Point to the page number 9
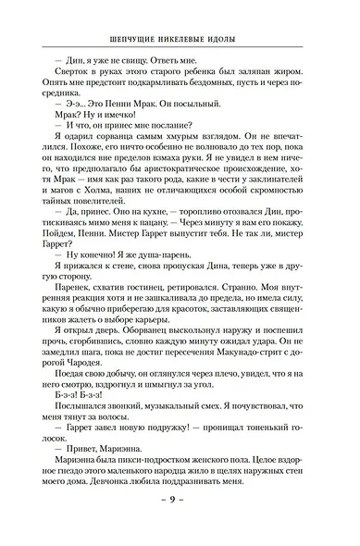pyautogui.click(x=180, y=526)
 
